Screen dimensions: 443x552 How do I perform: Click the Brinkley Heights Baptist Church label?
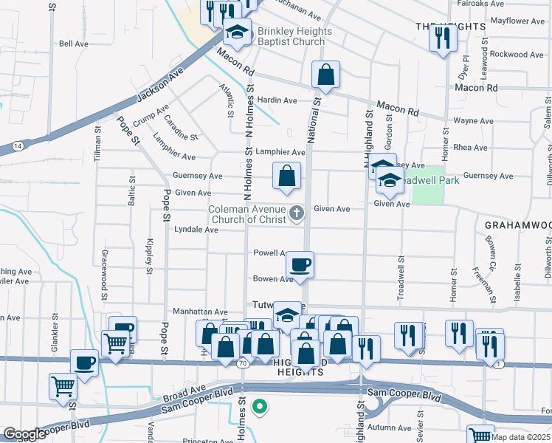[x=291, y=37]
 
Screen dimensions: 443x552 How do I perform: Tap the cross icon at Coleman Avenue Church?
[x=297, y=213]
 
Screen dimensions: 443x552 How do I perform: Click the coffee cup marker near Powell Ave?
[x=300, y=264]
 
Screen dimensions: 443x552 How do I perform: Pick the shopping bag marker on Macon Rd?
[x=325, y=75]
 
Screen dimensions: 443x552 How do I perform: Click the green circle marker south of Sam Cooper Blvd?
[x=259, y=405]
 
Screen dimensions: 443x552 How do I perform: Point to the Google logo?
[x=24, y=434]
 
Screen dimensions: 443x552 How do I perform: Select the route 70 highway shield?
[x=243, y=363]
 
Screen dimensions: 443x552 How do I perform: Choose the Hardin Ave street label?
[x=277, y=100]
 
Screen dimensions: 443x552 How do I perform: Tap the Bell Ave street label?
[x=74, y=44]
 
